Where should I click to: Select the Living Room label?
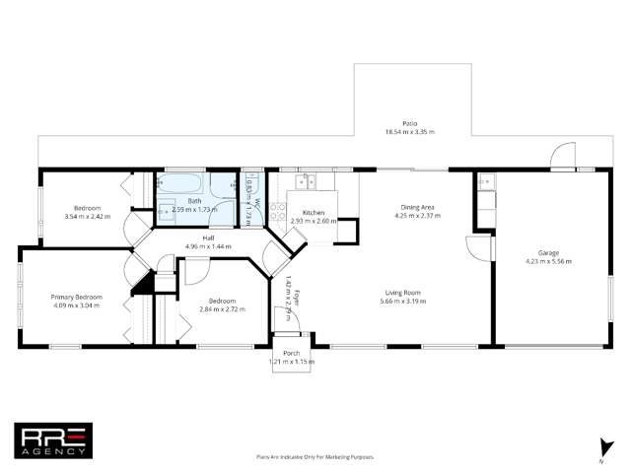tap(403, 292)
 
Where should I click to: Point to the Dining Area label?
tap(414, 208)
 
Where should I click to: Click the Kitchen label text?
tap(314, 213)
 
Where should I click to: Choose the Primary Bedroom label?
tap(76, 296)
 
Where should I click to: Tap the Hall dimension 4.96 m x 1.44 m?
tap(208, 246)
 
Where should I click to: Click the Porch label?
tap(291, 353)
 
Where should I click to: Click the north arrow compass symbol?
tap(600, 448)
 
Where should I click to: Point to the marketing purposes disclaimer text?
tap(315, 457)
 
